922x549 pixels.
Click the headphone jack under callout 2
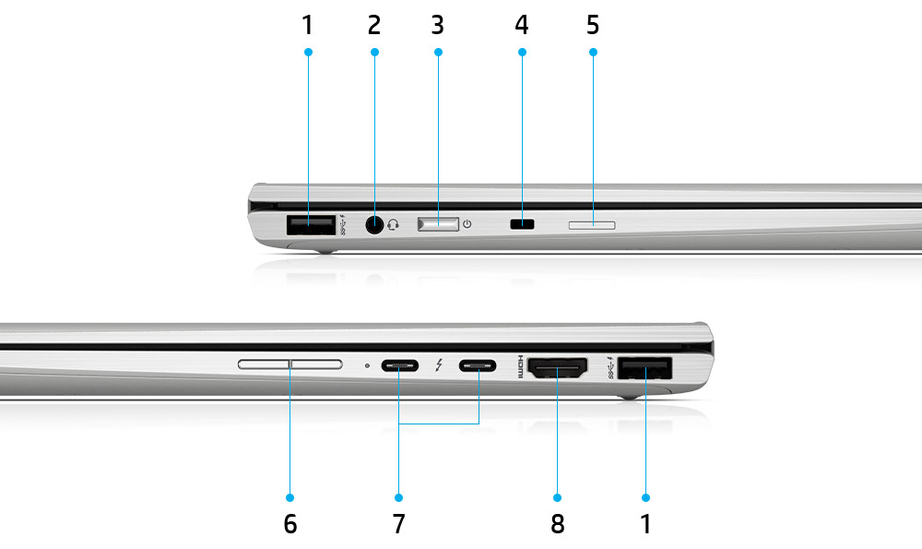[x=375, y=224]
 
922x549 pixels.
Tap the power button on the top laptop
[x=438, y=223]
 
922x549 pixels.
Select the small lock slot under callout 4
[x=523, y=223]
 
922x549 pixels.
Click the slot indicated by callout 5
[x=593, y=223]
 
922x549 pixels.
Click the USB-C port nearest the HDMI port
[x=479, y=366]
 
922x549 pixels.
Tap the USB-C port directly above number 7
[x=399, y=366]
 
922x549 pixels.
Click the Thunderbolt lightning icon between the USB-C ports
[x=440, y=366]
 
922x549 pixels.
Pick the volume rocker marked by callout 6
[x=290, y=365]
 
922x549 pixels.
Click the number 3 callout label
[x=437, y=25]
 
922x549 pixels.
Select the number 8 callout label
[x=557, y=524]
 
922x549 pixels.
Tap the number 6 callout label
[x=290, y=524]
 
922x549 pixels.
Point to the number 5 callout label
[x=593, y=25]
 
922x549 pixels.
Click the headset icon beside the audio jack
[x=395, y=224]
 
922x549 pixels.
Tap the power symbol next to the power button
[x=467, y=223]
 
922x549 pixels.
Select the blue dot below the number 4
[x=523, y=52]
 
